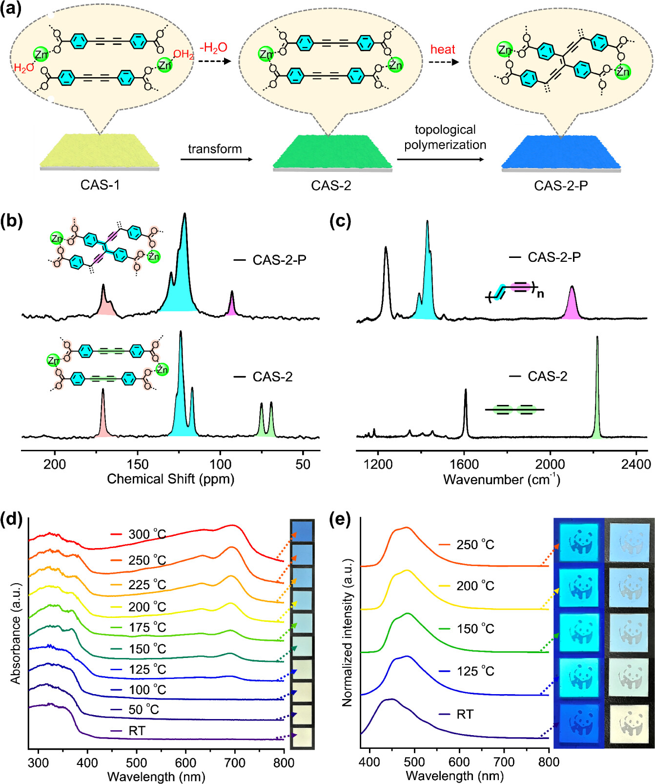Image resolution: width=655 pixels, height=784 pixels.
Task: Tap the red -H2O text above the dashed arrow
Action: pos(213,47)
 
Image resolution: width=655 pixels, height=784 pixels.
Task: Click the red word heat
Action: pos(442,49)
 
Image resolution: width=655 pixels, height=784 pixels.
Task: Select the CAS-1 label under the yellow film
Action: pos(100,185)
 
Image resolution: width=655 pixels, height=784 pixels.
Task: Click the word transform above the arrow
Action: pos(215,149)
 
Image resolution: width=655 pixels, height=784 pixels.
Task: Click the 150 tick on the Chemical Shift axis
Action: pos(138,464)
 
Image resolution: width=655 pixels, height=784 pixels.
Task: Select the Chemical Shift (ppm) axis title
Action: pos(170,479)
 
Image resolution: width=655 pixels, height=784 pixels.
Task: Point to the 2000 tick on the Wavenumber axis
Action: pos(550,464)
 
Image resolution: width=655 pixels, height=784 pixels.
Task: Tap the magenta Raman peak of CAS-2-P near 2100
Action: pos(572,305)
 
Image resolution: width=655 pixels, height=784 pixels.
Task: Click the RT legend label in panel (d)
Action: pos(137,731)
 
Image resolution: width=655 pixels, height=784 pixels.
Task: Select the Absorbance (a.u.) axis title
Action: pos(16,633)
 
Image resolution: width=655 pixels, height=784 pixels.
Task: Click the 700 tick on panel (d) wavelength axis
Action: pos(235,763)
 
